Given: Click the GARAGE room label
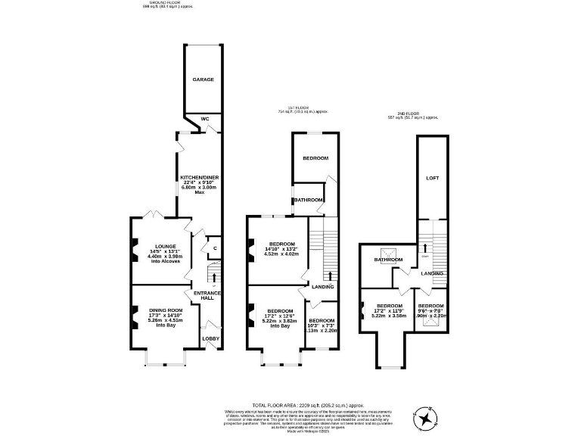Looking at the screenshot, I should [x=203, y=79].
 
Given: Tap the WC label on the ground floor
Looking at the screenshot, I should [x=204, y=118].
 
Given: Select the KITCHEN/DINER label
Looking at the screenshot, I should [x=200, y=178].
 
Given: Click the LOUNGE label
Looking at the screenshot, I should [x=166, y=246].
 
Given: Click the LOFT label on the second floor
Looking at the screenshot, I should [x=432, y=179].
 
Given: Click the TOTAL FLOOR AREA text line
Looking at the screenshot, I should [x=290, y=406].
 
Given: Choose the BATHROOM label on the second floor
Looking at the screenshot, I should [x=387, y=260].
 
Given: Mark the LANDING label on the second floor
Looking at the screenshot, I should [x=432, y=272].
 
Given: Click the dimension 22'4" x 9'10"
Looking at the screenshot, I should [x=200, y=182].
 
